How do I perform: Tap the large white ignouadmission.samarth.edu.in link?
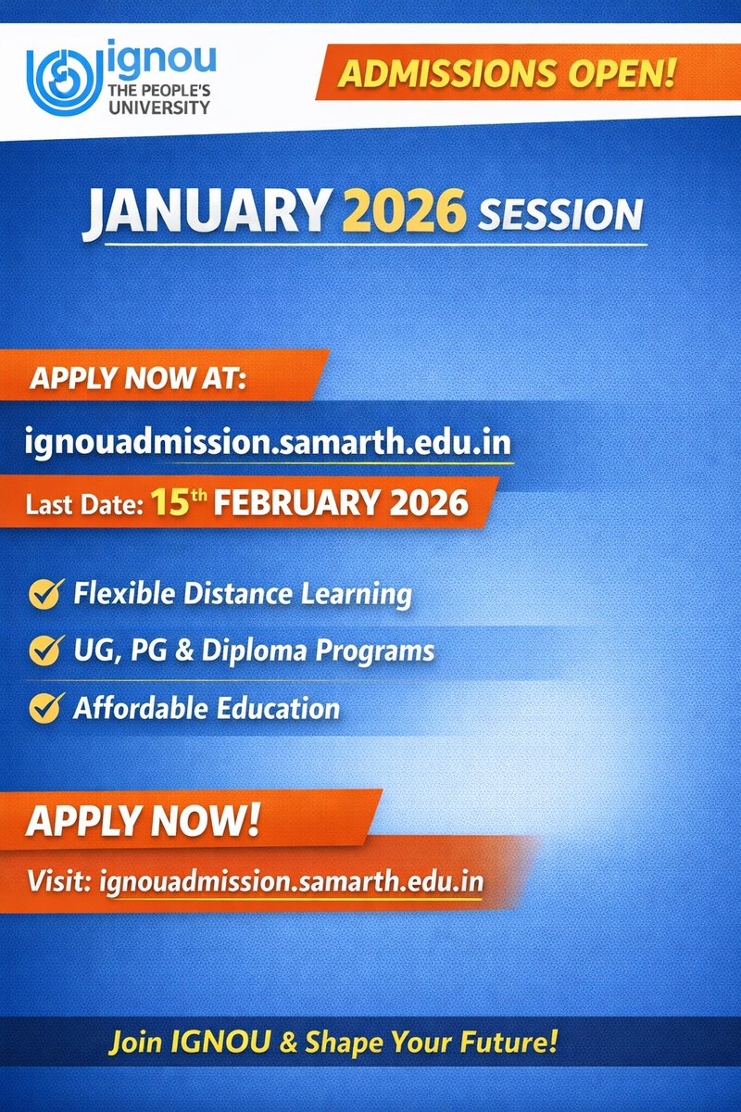(x=269, y=439)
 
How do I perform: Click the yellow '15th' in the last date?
(x=179, y=504)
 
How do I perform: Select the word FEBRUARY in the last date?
(x=301, y=505)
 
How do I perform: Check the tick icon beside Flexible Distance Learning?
(x=44, y=593)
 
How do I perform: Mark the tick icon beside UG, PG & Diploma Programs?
(x=44, y=651)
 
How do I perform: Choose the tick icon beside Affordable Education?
(x=44, y=709)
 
